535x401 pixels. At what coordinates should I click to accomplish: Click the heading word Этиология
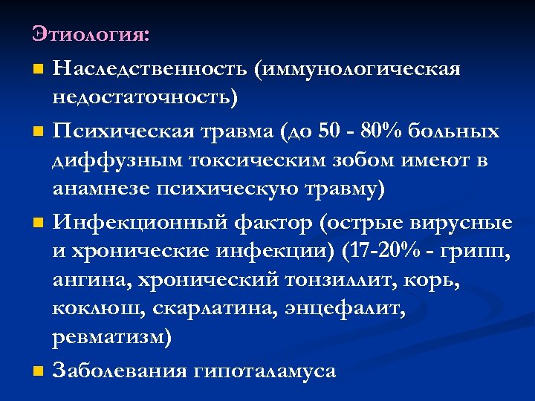(89, 35)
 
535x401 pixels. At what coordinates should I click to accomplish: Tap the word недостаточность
(140, 97)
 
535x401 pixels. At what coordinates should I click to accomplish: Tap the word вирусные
(466, 224)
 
